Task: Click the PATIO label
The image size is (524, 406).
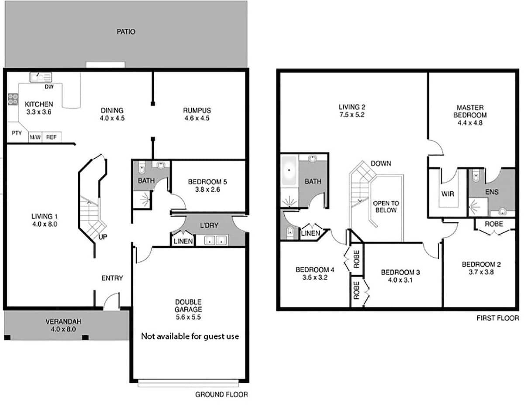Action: click(126, 31)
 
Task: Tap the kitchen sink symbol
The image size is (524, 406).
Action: click(41, 77)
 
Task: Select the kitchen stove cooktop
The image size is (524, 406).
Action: click(13, 99)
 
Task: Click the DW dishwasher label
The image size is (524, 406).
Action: click(49, 87)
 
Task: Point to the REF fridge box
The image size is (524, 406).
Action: click(52, 137)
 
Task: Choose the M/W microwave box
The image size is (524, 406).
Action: click(35, 137)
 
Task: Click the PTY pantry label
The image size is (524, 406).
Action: click(17, 133)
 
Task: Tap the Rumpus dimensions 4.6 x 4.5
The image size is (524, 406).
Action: click(197, 118)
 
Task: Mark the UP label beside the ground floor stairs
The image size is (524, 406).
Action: click(103, 237)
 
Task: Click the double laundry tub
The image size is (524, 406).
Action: click(216, 240)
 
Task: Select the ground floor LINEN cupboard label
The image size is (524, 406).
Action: click(183, 241)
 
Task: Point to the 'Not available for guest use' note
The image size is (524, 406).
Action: click(190, 336)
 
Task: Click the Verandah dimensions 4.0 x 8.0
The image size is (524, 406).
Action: click(63, 329)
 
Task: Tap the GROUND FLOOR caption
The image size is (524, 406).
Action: click(221, 394)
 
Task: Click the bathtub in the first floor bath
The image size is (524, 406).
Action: click(289, 171)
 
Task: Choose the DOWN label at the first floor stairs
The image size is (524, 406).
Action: click(381, 164)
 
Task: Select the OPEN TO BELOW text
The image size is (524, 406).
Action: click(386, 207)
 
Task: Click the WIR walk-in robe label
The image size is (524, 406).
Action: click(448, 194)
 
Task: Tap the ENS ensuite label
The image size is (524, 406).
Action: click(492, 192)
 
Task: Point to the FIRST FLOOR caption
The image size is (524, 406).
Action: click(498, 318)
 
